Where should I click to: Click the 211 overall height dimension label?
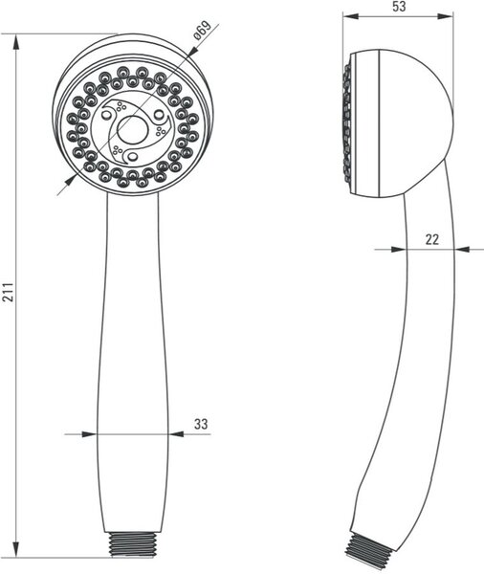click(8, 292)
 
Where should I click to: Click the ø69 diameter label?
click(203, 31)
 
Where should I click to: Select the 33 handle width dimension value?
click(201, 424)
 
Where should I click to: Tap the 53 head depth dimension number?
click(399, 7)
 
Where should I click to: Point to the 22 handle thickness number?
click(432, 239)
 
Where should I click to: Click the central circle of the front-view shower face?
click(133, 131)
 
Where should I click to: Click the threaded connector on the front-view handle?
click(134, 544)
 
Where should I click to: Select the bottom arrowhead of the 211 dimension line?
click(15, 550)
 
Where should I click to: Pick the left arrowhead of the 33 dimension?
click(89, 434)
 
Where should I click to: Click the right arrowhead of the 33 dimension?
click(176, 434)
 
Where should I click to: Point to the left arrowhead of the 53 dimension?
click(350, 16)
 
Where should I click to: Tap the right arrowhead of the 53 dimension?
click(446, 16)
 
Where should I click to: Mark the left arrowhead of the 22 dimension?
click(399, 250)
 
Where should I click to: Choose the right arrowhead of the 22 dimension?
click(462, 250)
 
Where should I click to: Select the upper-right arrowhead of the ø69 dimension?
click(193, 52)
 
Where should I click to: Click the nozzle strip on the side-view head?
click(346, 123)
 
